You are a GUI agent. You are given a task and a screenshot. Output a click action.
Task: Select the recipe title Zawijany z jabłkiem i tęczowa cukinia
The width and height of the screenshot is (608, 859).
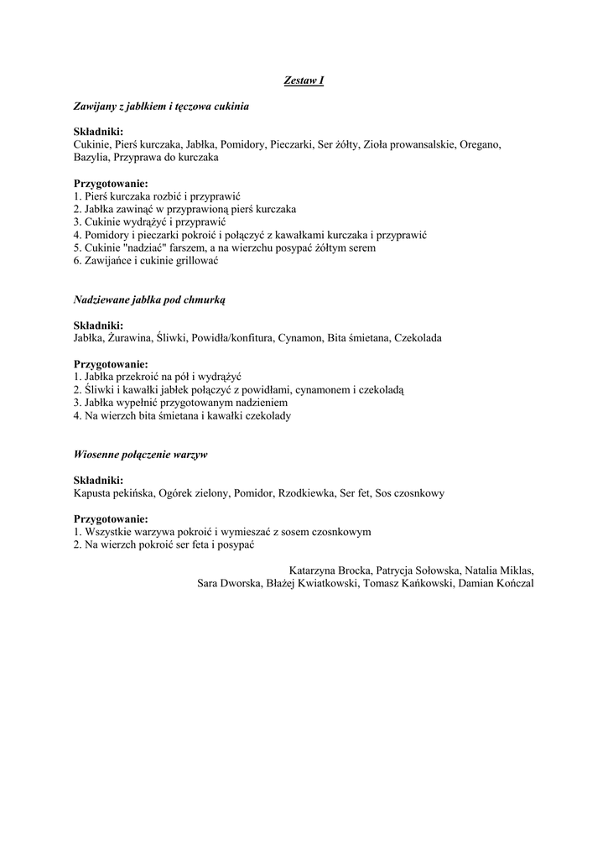coord(161,107)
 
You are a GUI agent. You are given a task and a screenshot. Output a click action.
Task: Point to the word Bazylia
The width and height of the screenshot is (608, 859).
coord(91,157)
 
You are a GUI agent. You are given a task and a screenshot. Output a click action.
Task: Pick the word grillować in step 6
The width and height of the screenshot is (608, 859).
coord(195,261)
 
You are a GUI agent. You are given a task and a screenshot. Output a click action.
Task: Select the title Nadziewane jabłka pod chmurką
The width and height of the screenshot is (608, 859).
coord(149,299)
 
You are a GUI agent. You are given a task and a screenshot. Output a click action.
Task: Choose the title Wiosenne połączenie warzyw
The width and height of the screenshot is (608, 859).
coord(141,454)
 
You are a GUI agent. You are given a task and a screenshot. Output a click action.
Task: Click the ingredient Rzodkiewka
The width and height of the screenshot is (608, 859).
coord(306,492)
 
